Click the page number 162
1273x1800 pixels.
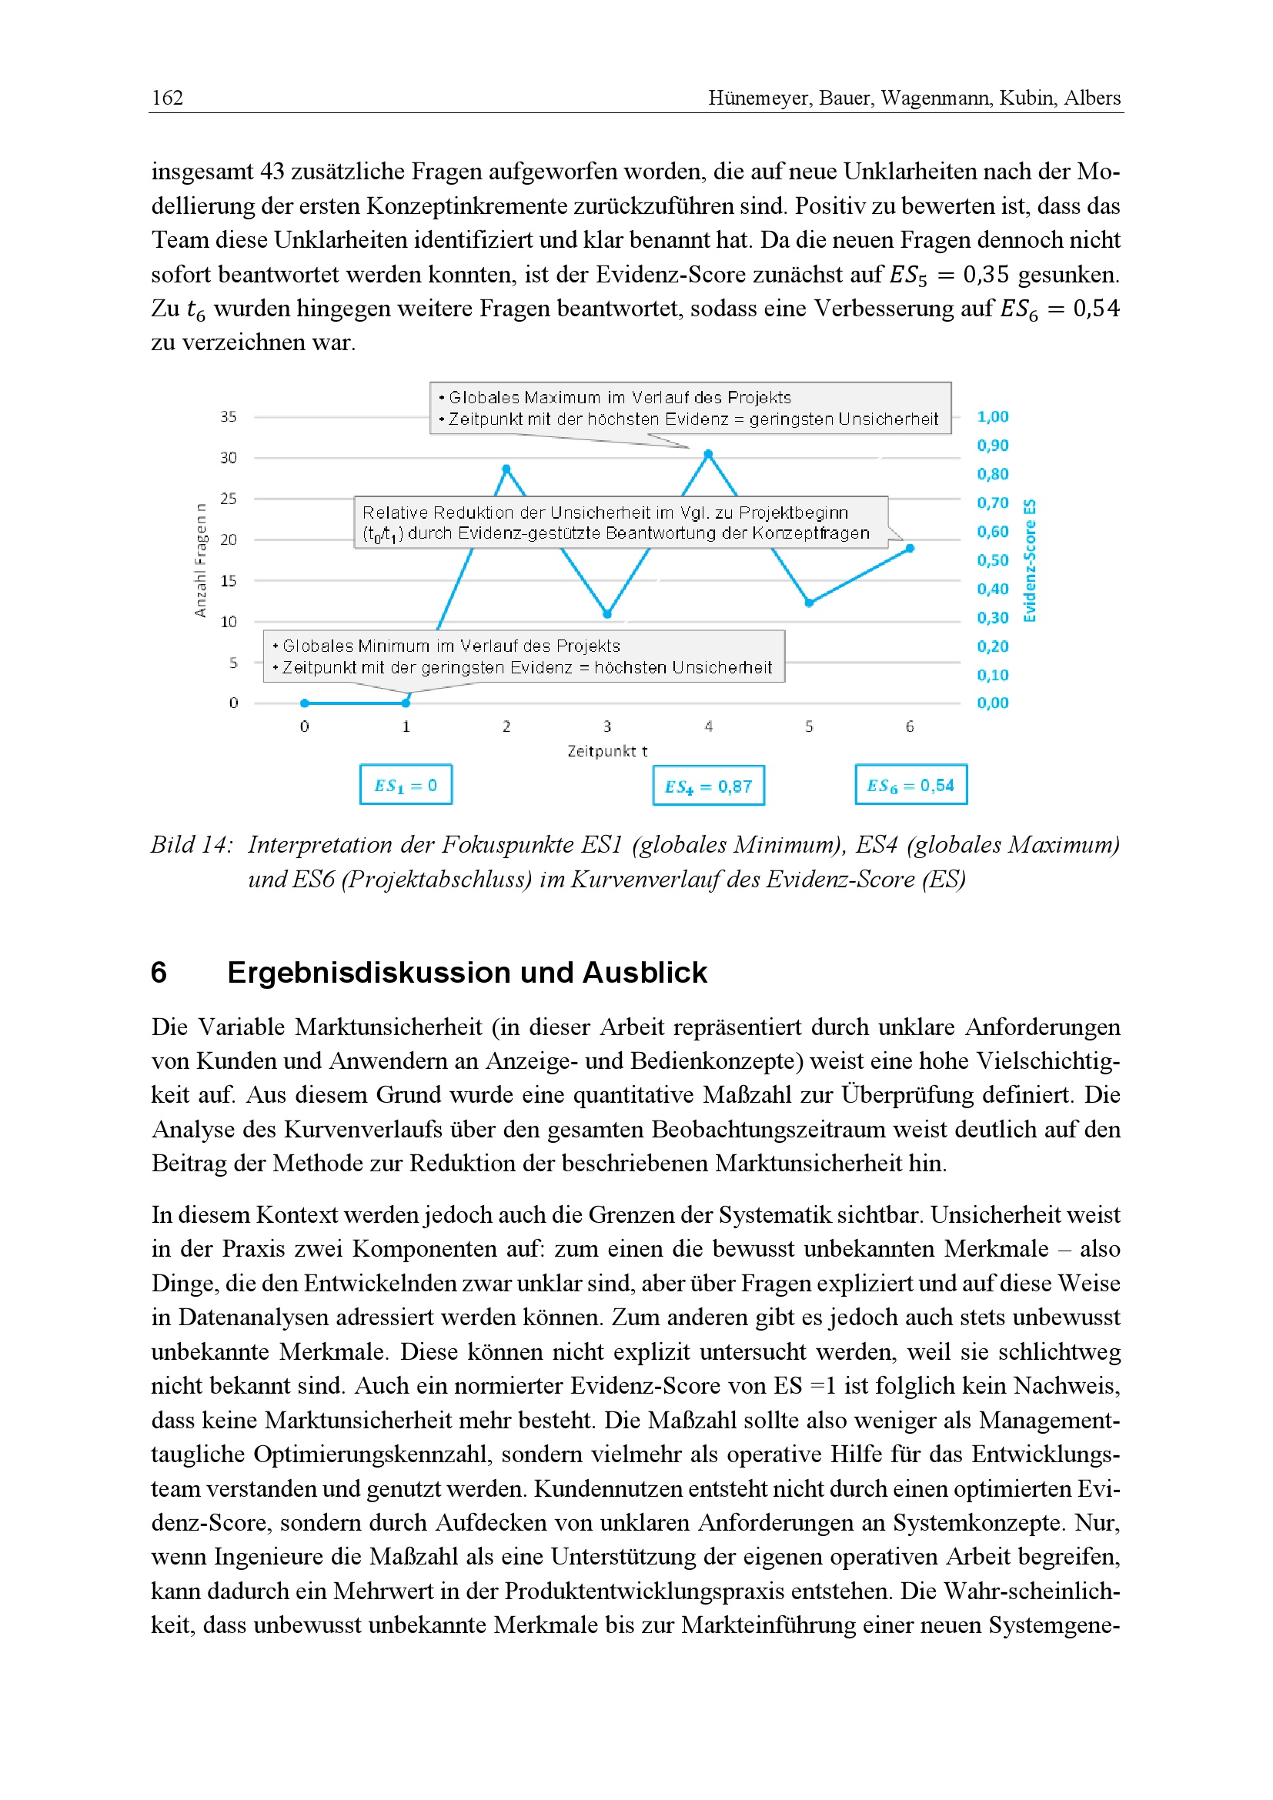pyautogui.click(x=167, y=98)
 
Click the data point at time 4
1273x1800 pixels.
pyautogui.click(x=708, y=454)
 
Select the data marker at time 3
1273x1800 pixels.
pyautogui.click(x=606, y=614)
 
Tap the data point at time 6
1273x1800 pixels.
pyautogui.click(x=910, y=549)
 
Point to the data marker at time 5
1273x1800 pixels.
pyautogui.click(x=809, y=603)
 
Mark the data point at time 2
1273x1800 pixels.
pyautogui.click(x=506, y=469)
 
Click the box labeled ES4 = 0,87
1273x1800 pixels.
pyautogui.click(x=708, y=786)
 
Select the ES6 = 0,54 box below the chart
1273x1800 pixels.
pyautogui.click(x=910, y=785)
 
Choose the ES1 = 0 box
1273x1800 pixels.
pyautogui.click(x=406, y=785)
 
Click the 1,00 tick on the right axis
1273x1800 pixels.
pyautogui.click(x=992, y=417)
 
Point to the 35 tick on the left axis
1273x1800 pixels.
pyautogui.click(x=228, y=417)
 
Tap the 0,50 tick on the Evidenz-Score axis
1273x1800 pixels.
pyautogui.click(x=992, y=560)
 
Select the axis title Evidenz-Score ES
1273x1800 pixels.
pyautogui.click(x=1030, y=560)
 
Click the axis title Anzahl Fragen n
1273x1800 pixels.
pyautogui.click(x=201, y=560)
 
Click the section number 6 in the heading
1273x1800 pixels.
pyautogui.click(x=159, y=973)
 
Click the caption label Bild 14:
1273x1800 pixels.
pyautogui.click(x=192, y=845)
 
